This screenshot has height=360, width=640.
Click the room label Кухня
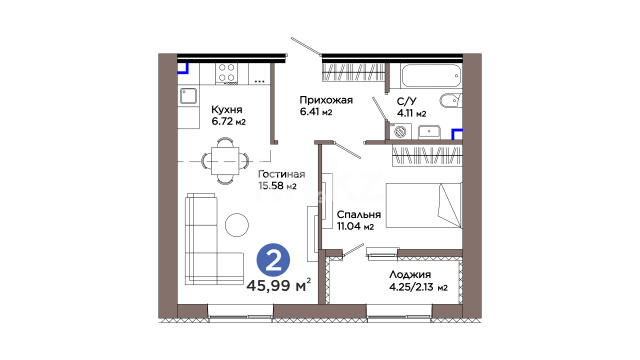pyautogui.click(x=227, y=109)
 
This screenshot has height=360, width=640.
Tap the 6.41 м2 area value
pyautogui.click(x=316, y=111)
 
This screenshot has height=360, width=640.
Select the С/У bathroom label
pyautogui.click(x=407, y=101)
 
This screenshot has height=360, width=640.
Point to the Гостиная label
pyautogui.click(x=282, y=174)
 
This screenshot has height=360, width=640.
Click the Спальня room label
pyautogui.click(x=359, y=215)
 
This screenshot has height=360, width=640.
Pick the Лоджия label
pyautogui.click(x=410, y=274)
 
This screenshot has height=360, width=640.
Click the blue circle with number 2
pyautogui.click(x=273, y=260)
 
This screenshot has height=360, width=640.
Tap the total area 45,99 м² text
pyautogui.click(x=279, y=285)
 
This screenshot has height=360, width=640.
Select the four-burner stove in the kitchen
pyautogui.click(x=227, y=73)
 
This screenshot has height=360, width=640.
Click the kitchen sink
pyautogui.click(x=188, y=96)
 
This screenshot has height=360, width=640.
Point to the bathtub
pyautogui.click(x=431, y=76)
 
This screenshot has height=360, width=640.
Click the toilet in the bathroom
pyautogui.click(x=450, y=100)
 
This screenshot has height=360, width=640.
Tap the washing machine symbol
pyautogui.click(x=400, y=131)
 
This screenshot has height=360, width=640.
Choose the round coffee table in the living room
pyautogui.click(x=237, y=225)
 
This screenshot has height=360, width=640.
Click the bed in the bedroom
pyautogui.click(x=424, y=205)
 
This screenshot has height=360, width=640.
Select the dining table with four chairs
pyautogui.click(x=225, y=161)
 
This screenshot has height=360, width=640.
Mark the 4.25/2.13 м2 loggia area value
pyautogui.click(x=418, y=287)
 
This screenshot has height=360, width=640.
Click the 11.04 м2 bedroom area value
pyautogui.click(x=355, y=226)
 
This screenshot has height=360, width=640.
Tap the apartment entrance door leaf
pyautogui.click(x=307, y=46)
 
